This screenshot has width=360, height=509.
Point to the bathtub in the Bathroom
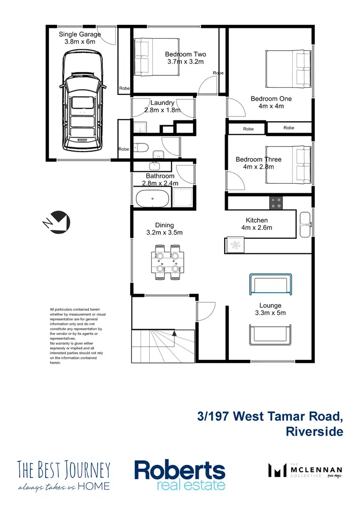click(152, 198)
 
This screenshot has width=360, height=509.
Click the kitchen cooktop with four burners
click(276, 203)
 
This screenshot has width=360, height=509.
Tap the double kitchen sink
click(305, 224)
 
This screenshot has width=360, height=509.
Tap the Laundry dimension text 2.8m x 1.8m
click(162, 110)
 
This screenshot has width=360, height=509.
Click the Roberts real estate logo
click(180, 475)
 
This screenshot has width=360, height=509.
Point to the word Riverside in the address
click(314, 431)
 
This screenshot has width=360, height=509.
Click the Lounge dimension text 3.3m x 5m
click(270, 313)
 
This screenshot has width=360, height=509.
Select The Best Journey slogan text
click(64, 475)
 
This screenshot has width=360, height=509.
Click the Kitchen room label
click(257, 220)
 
